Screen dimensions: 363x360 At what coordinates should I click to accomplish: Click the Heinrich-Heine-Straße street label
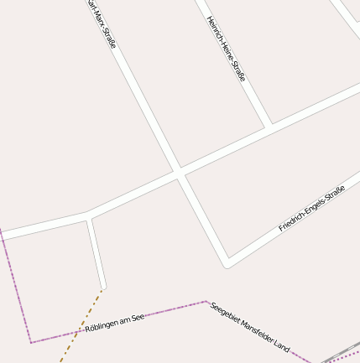tap(226, 48)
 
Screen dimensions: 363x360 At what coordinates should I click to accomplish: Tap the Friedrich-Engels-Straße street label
tap(311, 208)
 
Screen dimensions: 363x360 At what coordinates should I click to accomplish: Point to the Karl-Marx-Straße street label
tap(102, 24)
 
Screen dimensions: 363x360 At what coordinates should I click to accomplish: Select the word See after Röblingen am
tap(138, 317)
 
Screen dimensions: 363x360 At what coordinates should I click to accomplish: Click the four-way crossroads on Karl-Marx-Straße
tap(179, 174)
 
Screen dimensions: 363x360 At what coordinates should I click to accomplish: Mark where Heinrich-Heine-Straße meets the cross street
tap(269, 127)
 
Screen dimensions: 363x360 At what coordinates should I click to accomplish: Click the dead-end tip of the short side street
tap(102, 286)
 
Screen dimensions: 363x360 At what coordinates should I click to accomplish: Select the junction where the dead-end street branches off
tap(88, 216)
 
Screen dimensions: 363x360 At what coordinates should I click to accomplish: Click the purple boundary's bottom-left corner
tap(31, 342)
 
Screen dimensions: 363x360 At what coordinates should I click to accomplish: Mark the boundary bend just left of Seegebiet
tap(206, 302)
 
